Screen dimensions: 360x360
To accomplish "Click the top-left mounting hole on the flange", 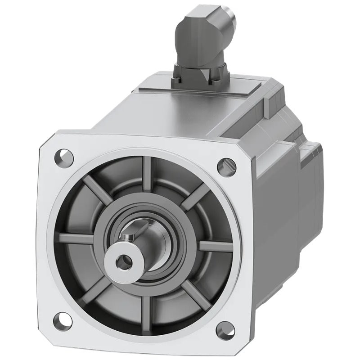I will tap(64, 157).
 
